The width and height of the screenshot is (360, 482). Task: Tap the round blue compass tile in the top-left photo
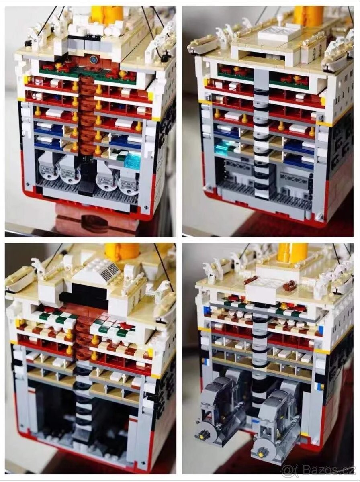click(94, 59)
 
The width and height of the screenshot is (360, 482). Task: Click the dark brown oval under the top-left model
click(94, 223)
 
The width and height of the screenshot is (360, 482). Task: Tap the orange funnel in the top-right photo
click(308, 15)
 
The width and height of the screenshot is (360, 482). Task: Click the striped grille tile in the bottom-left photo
click(110, 272)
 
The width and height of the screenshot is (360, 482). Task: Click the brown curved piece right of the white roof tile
click(289, 286)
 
